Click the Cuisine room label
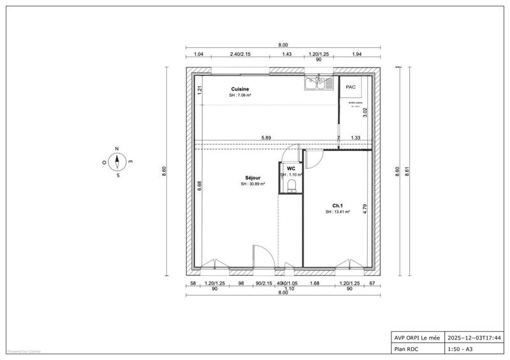(x=240, y=89)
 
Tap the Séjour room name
(x=252, y=178)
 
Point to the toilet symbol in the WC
(x=291, y=185)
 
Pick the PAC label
(x=351, y=87)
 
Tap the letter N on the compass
(x=117, y=148)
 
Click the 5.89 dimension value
(x=266, y=138)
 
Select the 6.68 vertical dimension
(x=200, y=185)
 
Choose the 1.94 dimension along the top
(x=356, y=55)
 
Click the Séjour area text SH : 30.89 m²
(x=252, y=184)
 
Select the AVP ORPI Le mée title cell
(x=416, y=338)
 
